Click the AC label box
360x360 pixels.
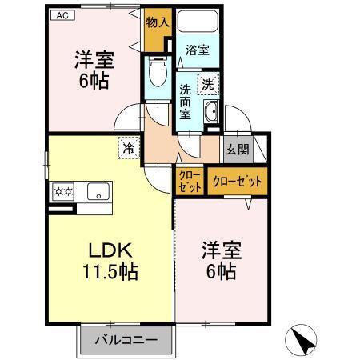click(x=62, y=15)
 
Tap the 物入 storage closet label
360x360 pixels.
click(x=158, y=22)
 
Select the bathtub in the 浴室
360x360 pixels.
click(x=198, y=22)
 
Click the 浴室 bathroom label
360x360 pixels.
click(x=198, y=50)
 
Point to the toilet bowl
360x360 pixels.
click(x=158, y=71)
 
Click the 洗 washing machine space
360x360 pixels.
click(x=208, y=84)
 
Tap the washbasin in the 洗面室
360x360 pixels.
click(x=211, y=112)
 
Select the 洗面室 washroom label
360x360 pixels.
click(x=185, y=102)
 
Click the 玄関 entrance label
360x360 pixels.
click(x=238, y=150)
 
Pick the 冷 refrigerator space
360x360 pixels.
click(x=129, y=148)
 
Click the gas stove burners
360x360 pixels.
click(x=63, y=191)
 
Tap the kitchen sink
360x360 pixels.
click(x=98, y=191)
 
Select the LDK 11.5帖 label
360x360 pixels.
click(x=110, y=261)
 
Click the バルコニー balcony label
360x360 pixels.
click(x=126, y=340)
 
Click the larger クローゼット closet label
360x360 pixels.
click(x=238, y=182)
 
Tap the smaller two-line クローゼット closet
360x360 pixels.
click(x=190, y=182)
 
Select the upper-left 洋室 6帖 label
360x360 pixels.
click(x=94, y=70)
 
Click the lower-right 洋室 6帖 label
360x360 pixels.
click(x=222, y=260)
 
